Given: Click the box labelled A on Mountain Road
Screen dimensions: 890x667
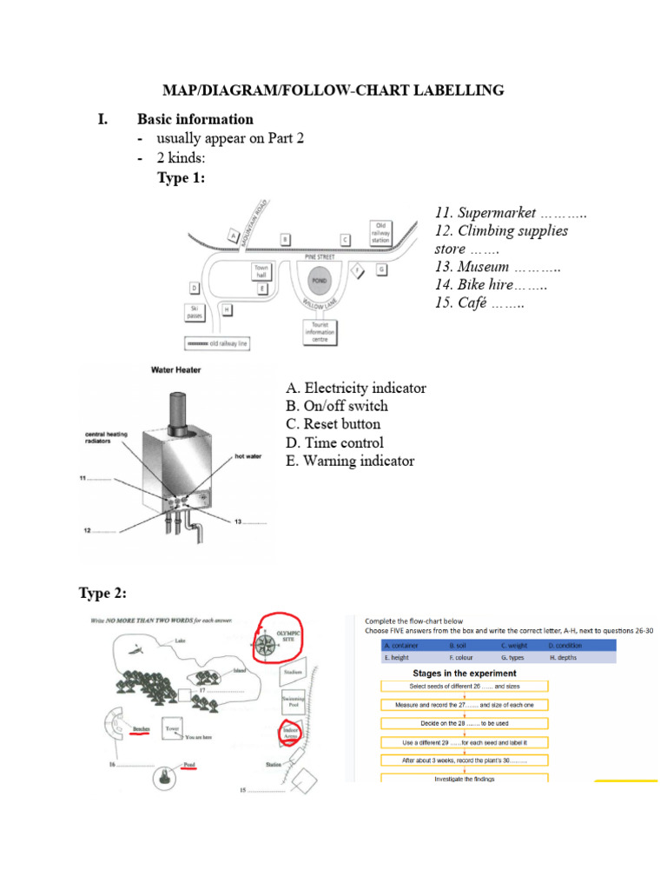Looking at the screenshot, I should (x=232, y=235).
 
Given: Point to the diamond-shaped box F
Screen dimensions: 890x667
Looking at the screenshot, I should (x=355, y=270).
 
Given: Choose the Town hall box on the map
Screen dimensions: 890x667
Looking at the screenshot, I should (x=261, y=271).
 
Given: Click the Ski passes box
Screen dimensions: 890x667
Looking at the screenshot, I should (x=195, y=312).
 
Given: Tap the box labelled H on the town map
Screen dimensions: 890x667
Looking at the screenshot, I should (x=227, y=309).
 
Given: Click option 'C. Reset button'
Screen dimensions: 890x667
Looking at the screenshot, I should (x=333, y=424).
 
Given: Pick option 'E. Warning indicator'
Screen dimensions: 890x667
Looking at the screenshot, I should (x=350, y=461).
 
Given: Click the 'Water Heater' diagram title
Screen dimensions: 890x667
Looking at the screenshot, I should (x=176, y=370).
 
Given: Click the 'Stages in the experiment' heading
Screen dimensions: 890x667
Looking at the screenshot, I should (x=464, y=673).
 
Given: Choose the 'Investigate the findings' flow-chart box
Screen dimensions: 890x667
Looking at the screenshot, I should (x=464, y=779).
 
